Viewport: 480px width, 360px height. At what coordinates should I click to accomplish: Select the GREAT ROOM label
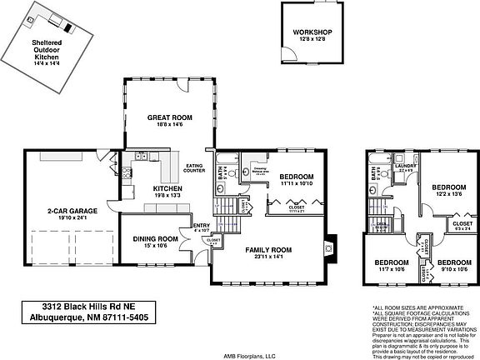point(171,117)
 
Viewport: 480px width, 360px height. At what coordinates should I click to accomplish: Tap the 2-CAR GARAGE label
point(68,212)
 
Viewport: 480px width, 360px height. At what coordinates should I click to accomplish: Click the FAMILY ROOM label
point(268,249)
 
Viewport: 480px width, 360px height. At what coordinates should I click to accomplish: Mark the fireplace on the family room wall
point(331,246)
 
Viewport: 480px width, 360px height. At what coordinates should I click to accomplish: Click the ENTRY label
point(200,225)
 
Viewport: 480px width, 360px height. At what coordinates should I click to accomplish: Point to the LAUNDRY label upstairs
point(406,165)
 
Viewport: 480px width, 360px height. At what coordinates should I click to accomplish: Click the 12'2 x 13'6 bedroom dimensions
point(449,193)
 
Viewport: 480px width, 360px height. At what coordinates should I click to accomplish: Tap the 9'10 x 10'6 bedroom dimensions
point(455,268)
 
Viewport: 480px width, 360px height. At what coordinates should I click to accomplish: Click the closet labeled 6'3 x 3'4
point(462,227)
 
